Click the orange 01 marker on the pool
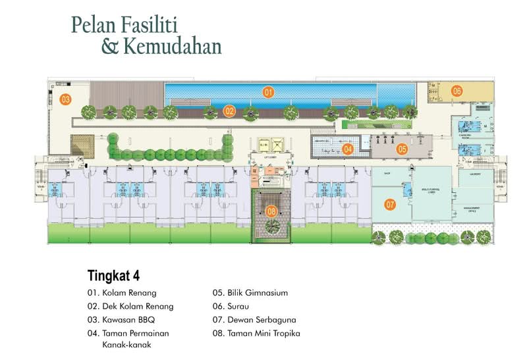[268, 92]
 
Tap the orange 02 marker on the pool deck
[229, 111]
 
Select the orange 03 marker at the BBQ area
[65, 99]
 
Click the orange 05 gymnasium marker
[402, 149]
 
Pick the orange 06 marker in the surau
[457, 91]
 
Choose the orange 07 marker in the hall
[390, 205]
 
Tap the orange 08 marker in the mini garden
[271, 212]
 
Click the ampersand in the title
[109, 47]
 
